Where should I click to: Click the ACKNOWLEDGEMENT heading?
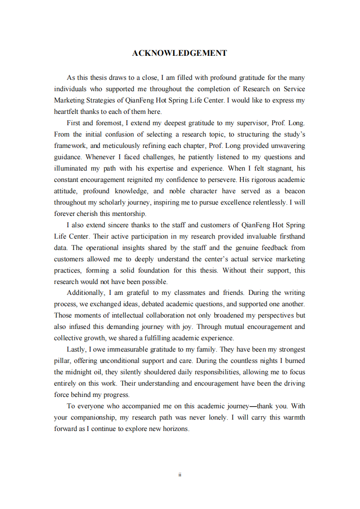[179, 53]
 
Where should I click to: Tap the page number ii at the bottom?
[180, 475]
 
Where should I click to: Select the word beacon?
[294, 191]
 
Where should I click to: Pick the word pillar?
[62, 361]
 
